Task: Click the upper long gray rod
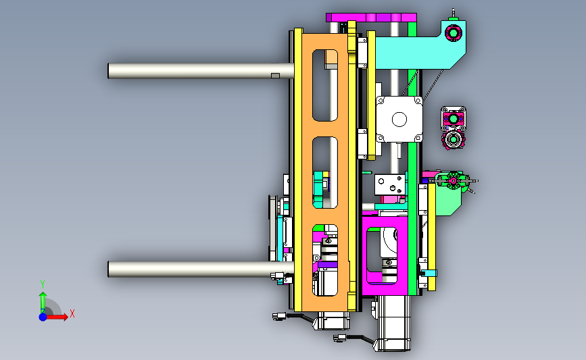click(x=201, y=71)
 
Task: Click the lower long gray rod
click(x=201, y=269)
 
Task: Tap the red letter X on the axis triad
click(x=72, y=313)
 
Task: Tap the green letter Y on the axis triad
click(x=43, y=284)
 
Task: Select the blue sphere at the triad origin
click(x=43, y=317)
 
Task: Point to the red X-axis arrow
click(x=57, y=317)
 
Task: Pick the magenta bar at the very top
click(x=371, y=18)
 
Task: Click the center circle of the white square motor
click(x=399, y=120)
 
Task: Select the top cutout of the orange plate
click(x=324, y=85)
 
